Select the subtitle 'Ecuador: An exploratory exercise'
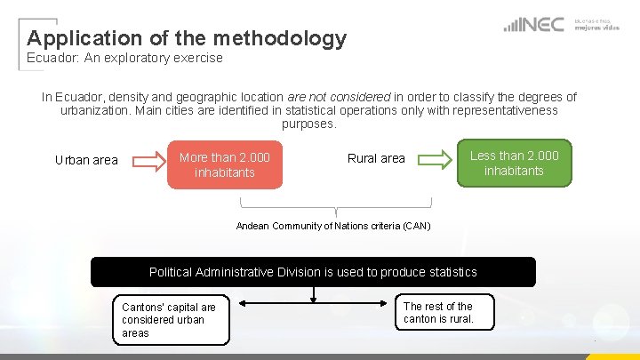[x=124, y=59]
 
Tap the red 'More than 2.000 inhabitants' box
[x=225, y=164]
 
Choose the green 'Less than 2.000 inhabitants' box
[x=514, y=163]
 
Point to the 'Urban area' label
[x=86, y=160]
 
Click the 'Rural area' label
[x=376, y=158]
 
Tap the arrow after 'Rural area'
[x=436, y=159]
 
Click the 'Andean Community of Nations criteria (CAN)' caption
[x=333, y=226]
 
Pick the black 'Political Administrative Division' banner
[x=313, y=272]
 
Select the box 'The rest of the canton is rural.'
[x=438, y=313]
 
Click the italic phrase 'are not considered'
[x=340, y=97]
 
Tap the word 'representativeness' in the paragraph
[x=507, y=110]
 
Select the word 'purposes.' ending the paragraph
[x=309, y=124]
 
